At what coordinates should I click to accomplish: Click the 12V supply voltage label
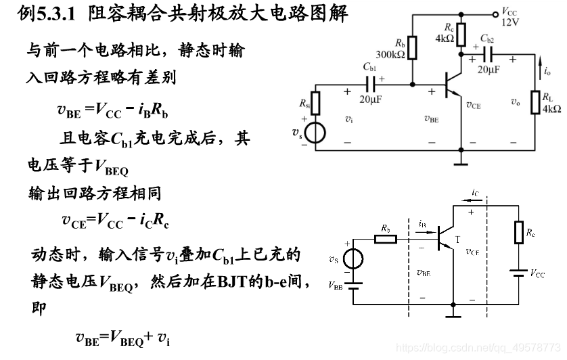click(x=511, y=22)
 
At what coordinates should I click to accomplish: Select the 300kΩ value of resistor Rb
click(x=390, y=55)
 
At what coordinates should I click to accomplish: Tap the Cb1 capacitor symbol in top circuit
click(x=371, y=84)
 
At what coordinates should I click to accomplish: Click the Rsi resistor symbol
click(x=315, y=102)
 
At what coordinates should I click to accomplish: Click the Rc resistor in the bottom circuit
click(x=519, y=231)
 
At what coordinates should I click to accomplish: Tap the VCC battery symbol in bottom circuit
click(x=519, y=273)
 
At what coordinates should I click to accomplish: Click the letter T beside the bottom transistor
click(x=457, y=239)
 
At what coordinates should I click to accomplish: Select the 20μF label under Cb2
click(x=489, y=69)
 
